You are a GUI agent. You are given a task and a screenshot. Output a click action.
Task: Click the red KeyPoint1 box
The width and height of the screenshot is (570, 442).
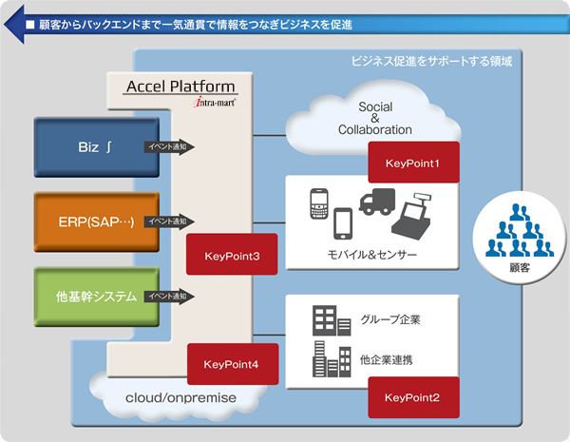(413, 163)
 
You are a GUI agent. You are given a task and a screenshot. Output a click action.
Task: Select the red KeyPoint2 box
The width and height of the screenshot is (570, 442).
(413, 397)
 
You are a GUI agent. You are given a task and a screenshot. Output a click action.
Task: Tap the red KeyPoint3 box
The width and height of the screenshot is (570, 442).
(232, 255)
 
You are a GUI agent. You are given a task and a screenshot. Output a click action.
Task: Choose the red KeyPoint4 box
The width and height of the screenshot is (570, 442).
(233, 364)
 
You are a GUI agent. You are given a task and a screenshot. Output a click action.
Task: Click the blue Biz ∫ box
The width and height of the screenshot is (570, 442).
(97, 147)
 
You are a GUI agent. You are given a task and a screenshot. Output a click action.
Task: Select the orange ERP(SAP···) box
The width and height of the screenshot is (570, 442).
(97, 221)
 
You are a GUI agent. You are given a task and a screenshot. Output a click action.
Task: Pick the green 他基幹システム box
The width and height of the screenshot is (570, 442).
(97, 297)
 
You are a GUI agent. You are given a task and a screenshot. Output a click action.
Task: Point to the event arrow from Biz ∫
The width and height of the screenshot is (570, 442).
(169, 147)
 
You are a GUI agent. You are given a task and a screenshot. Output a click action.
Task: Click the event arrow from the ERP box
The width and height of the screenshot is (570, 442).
(169, 221)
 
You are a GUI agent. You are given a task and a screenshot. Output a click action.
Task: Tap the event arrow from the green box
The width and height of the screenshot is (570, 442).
(169, 297)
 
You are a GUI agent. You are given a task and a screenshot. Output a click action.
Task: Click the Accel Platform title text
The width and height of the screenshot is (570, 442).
(180, 86)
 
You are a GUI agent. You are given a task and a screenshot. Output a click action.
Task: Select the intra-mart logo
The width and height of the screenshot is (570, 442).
(215, 102)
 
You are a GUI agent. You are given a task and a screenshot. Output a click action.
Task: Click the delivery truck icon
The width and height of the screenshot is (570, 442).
(377, 202)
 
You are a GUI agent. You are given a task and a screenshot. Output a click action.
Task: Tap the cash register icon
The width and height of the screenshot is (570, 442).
(411, 216)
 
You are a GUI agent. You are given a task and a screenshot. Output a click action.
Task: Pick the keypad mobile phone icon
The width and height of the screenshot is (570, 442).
(319, 203)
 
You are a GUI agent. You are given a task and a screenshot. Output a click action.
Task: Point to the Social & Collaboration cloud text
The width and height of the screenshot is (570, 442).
(375, 118)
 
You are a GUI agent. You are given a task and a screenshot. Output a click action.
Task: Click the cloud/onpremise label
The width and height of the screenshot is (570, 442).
(180, 397)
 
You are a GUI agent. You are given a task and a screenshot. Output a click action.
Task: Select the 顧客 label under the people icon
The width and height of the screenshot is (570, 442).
(520, 268)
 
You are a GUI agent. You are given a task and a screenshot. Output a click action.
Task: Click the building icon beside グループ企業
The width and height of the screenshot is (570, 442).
(332, 320)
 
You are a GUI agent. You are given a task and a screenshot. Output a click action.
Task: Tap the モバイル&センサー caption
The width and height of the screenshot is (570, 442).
(371, 255)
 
